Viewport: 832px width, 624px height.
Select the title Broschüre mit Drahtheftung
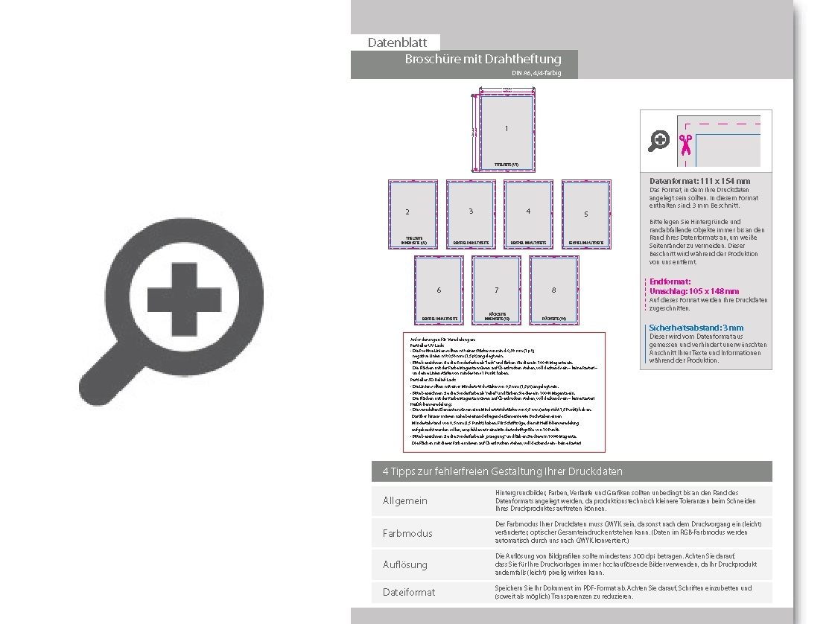point(483,59)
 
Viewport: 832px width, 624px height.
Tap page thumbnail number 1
point(506,130)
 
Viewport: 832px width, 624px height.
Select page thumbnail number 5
point(586,214)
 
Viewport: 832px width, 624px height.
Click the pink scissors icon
point(685,144)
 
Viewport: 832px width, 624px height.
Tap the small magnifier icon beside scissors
point(659,140)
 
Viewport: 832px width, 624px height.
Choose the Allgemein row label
point(405,500)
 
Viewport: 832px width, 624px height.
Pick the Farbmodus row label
point(407,533)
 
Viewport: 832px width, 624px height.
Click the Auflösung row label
point(405,564)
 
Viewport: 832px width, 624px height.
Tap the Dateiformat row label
point(409,592)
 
